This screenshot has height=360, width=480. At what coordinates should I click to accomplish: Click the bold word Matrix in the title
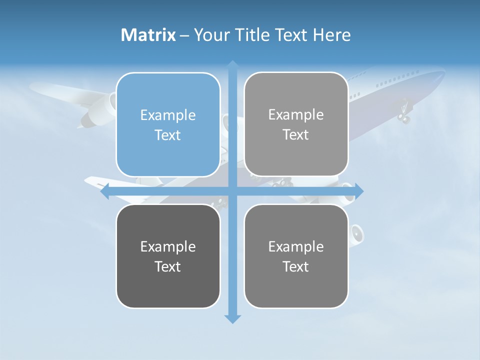click(x=148, y=35)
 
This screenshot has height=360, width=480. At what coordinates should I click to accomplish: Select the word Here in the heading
click(x=331, y=35)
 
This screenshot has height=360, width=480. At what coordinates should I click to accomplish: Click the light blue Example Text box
click(x=168, y=125)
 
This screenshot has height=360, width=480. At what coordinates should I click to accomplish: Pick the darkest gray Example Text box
click(x=168, y=256)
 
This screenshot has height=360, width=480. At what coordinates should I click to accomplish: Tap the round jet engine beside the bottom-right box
click(x=357, y=233)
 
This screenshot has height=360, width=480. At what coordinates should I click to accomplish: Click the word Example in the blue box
click(x=168, y=115)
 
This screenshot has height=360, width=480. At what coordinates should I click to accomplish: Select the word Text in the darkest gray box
click(x=168, y=266)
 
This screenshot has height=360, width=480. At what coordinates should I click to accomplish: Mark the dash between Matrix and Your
click(x=184, y=35)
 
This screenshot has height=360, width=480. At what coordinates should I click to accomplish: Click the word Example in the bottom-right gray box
click(x=296, y=246)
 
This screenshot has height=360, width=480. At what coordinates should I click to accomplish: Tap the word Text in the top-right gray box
click(x=296, y=135)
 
